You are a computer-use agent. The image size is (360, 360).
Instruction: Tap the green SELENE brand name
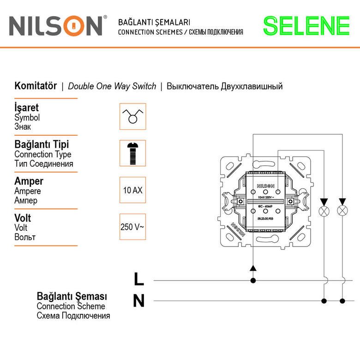[306, 26]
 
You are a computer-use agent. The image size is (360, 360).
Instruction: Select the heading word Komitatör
[36, 86]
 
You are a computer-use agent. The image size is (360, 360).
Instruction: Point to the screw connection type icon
[132, 153]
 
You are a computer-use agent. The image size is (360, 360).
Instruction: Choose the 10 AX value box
[132, 190]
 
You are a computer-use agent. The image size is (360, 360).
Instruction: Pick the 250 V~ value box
[132, 227]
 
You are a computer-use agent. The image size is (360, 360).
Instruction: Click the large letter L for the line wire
[138, 279]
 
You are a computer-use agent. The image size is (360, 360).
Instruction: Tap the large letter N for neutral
[138, 301]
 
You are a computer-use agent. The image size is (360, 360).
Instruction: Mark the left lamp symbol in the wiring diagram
[324, 211]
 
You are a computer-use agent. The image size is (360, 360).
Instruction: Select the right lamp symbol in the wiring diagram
[342, 211]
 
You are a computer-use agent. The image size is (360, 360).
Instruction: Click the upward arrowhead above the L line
[252, 268]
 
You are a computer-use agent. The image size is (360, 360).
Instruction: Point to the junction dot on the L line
[252, 280]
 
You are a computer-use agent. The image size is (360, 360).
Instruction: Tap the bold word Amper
[29, 181]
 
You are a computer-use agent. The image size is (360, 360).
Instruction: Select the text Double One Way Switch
[112, 86]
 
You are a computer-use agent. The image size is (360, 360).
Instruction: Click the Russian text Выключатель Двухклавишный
[224, 86]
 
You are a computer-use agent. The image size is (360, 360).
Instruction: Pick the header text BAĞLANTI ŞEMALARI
[155, 22]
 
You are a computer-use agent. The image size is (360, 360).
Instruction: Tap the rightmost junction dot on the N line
[342, 301]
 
